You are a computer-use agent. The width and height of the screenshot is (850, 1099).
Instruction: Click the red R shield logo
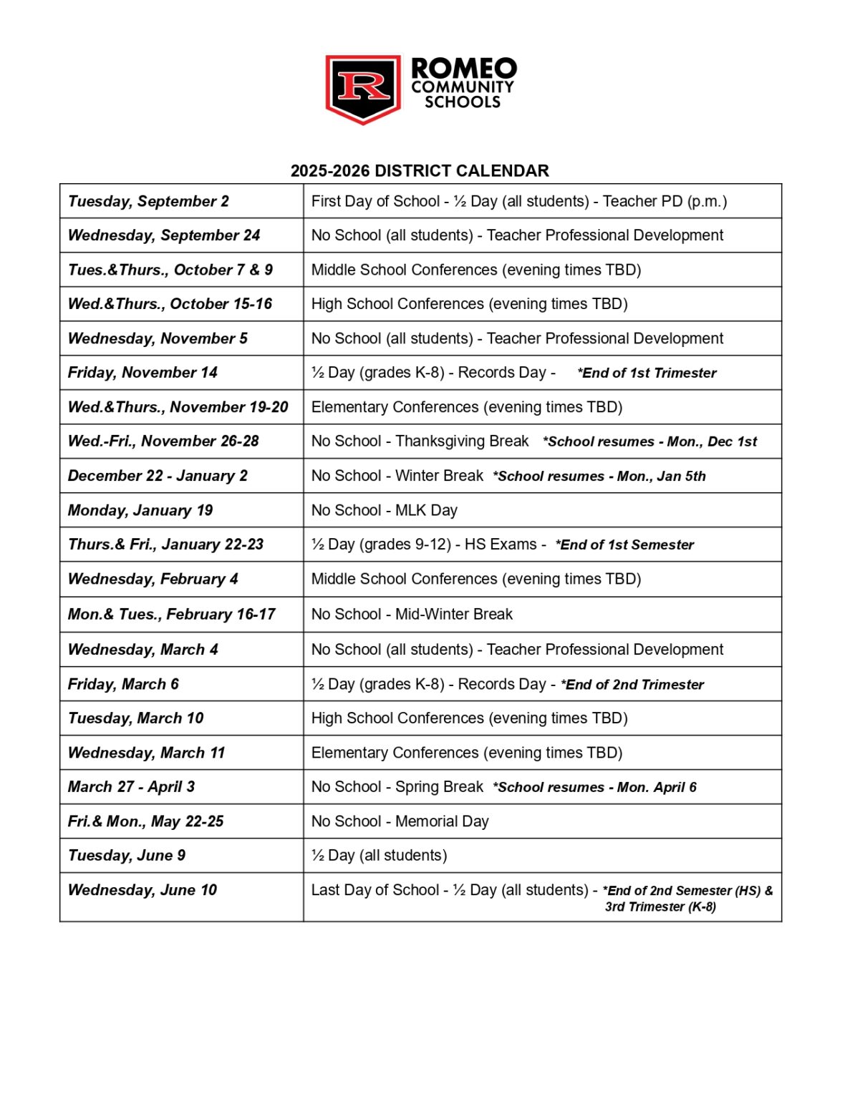pos(363,87)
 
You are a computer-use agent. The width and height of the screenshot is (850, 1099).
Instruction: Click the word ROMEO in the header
pos(463,69)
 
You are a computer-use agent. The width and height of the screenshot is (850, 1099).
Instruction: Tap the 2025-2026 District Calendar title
pos(420,171)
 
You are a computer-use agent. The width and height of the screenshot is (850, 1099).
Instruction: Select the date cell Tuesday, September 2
pos(148,201)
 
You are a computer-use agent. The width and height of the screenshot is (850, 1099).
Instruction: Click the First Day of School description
pos(518,201)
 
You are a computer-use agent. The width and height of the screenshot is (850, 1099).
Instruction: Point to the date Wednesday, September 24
pos(164,235)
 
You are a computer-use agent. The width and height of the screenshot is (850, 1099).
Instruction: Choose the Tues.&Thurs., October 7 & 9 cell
pos(170,270)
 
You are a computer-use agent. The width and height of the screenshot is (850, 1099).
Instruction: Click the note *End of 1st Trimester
pos(647,373)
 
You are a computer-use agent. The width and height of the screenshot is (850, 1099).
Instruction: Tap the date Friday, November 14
pos(143,373)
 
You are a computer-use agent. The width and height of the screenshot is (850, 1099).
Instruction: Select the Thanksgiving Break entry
pos(420,441)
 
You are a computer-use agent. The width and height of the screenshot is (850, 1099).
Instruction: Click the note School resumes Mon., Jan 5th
pos(599,476)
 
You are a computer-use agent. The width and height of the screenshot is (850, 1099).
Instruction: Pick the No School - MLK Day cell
pos(384,510)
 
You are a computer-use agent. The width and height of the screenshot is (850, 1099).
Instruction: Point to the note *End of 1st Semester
pos(624,544)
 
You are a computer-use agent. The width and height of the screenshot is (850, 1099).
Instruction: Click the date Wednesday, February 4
pos(153,579)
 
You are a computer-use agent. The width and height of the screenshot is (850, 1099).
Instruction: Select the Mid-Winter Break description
pos(412,614)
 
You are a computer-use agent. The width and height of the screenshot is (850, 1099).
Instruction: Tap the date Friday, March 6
pos(123,684)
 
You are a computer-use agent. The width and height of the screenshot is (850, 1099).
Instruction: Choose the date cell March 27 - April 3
pos(131,787)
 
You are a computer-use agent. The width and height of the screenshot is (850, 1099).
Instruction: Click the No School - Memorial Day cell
pos(400,821)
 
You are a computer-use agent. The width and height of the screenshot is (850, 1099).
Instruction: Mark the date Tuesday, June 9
pos(127,856)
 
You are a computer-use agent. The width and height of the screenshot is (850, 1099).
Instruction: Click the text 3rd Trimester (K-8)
pos(660,907)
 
